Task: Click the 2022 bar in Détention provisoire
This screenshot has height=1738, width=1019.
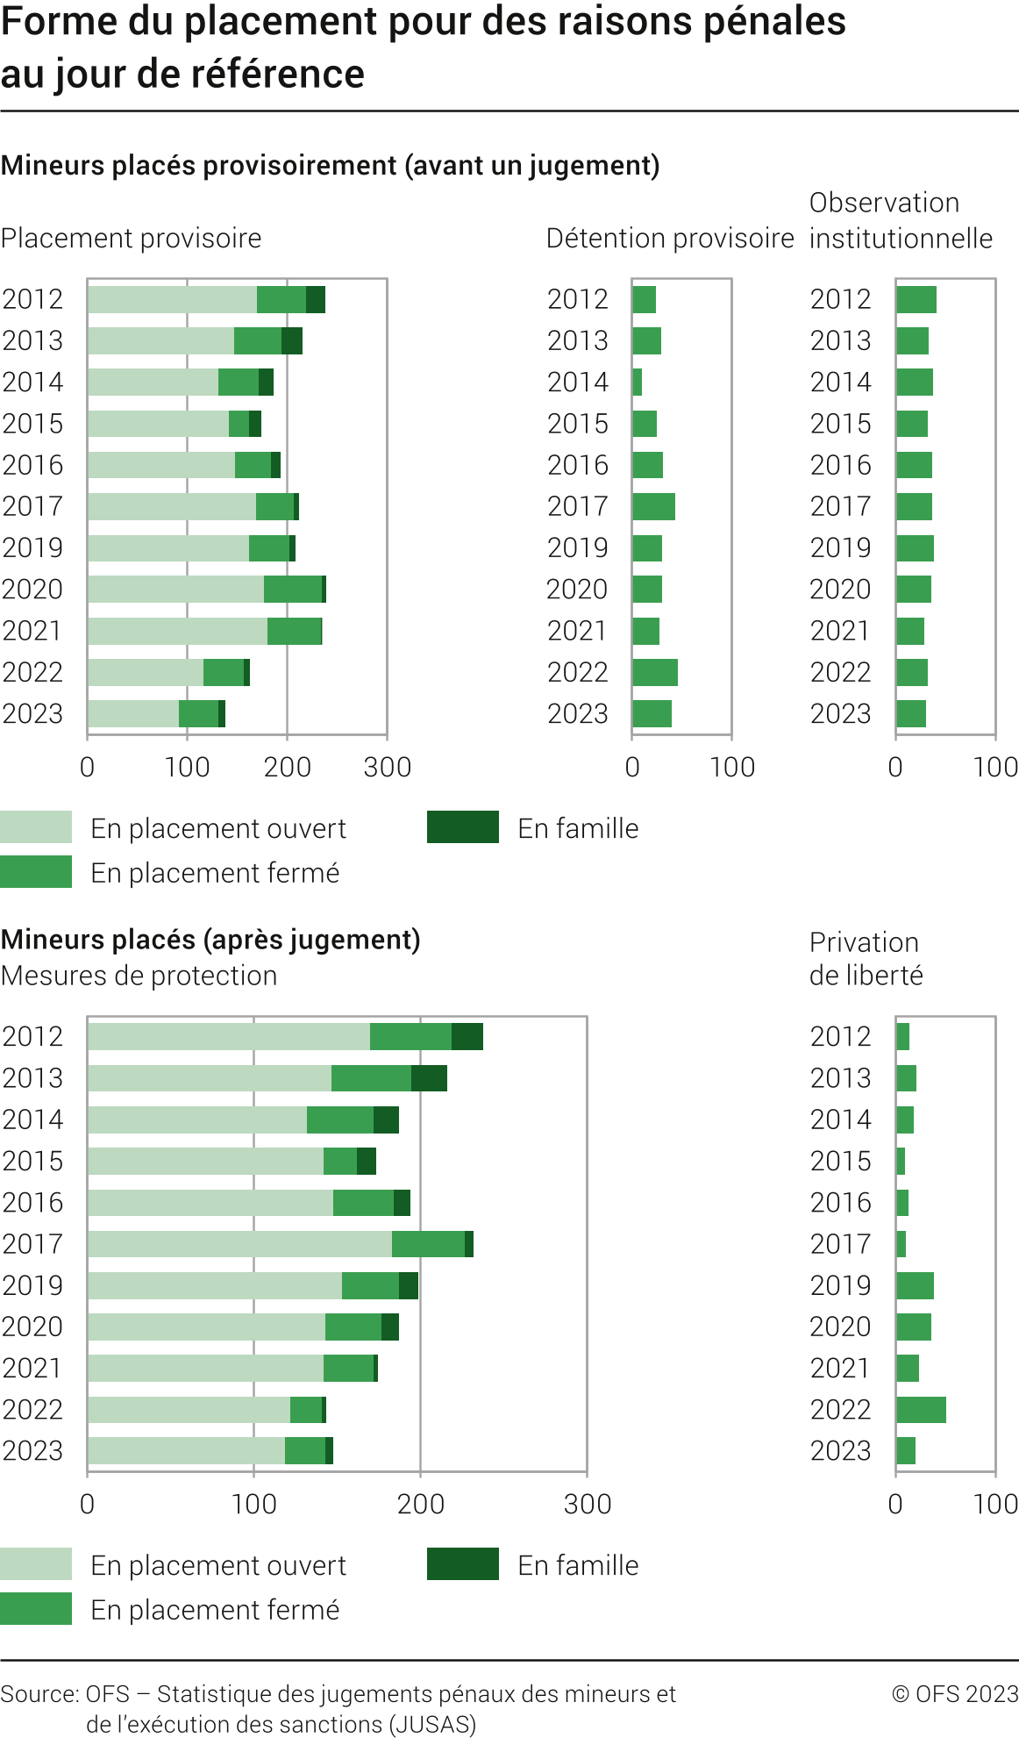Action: pyautogui.click(x=655, y=672)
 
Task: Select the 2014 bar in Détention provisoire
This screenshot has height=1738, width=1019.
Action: pyautogui.click(x=638, y=382)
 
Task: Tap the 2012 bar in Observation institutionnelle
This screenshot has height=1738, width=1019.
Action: pyautogui.click(x=916, y=299)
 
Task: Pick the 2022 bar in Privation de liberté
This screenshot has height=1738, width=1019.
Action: pyautogui.click(x=921, y=1410)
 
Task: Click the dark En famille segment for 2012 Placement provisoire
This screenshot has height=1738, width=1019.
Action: pyautogui.click(x=316, y=299)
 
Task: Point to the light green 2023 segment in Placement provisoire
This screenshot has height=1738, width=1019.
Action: pyautogui.click(x=133, y=714)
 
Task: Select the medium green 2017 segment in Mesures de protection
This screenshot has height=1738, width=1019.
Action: pyautogui.click(x=428, y=1244)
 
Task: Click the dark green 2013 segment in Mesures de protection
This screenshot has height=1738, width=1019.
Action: pyautogui.click(x=429, y=1078)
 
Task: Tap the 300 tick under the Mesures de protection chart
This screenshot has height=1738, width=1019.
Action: pyautogui.click(x=587, y=1504)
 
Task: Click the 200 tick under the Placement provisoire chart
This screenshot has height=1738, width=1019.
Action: pyautogui.click(x=287, y=767)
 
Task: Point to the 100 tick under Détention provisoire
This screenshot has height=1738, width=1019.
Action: pyautogui.click(x=731, y=767)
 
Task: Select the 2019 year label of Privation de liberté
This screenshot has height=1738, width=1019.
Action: pyautogui.click(x=840, y=1285)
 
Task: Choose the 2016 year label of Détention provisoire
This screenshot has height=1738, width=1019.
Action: pyautogui.click(x=577, y=465)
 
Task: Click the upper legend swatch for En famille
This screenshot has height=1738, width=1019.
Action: pyautogui.click(x=463, y=827)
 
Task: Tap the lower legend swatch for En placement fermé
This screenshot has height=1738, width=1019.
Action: pyautogui.click(x=36, y=1608)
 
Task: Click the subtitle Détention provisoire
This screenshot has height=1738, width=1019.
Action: pyautogui.click(x=669, y=238)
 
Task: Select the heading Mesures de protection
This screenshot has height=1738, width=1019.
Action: pyautogui.click(x=139, y=976)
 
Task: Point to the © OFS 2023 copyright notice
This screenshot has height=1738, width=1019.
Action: pyautogui.click(x=954, y=1693)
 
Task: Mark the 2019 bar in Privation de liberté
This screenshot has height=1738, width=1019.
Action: pyautogui.click(x=915, y=1285)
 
